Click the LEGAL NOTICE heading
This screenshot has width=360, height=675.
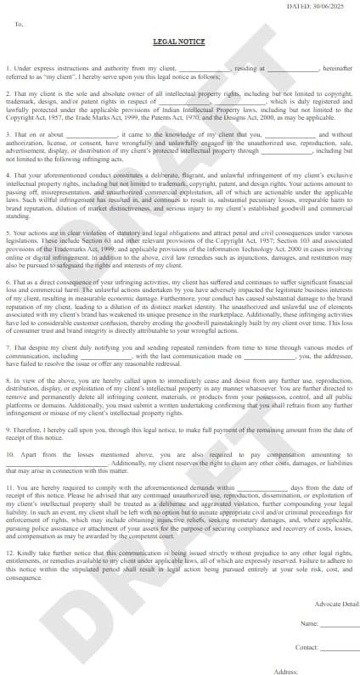point(179,41)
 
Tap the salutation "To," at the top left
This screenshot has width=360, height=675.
point(20,25)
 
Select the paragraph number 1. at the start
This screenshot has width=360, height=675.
point(8,67)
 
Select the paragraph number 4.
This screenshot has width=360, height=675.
point(8,175)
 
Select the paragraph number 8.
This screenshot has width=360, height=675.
point(8,382)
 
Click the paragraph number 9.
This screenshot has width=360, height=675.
point(8,430)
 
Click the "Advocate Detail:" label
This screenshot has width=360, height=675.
point(337,603)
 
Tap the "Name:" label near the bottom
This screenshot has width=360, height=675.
point(309,624)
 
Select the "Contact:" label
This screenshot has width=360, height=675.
point(307,647)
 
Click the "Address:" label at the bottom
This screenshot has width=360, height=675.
point(287,671)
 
